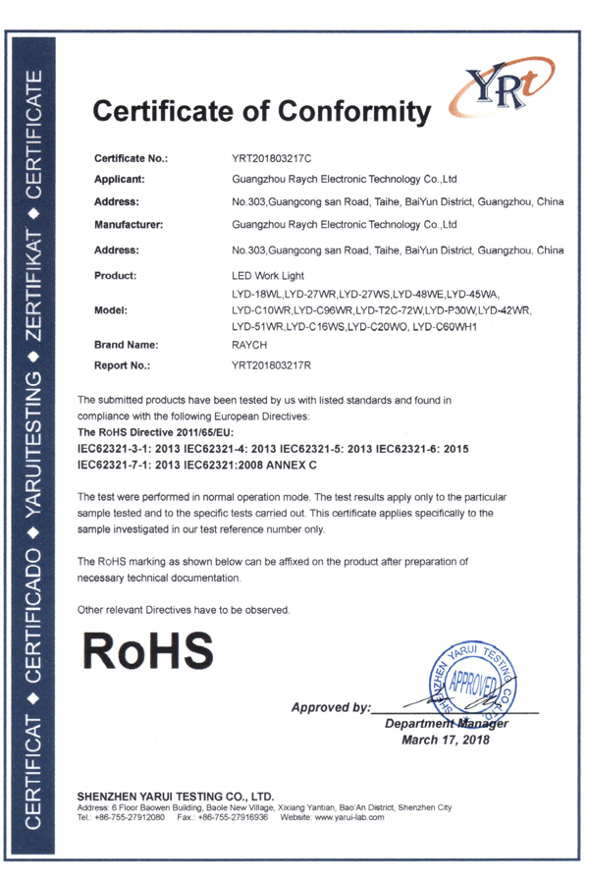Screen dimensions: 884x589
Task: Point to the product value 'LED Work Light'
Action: point(267,276)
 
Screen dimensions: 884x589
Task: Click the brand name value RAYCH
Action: point(249,347)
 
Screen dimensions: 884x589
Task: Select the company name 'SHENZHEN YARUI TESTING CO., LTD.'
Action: point(175,796)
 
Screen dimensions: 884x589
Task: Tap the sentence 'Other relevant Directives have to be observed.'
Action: point(183,610)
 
